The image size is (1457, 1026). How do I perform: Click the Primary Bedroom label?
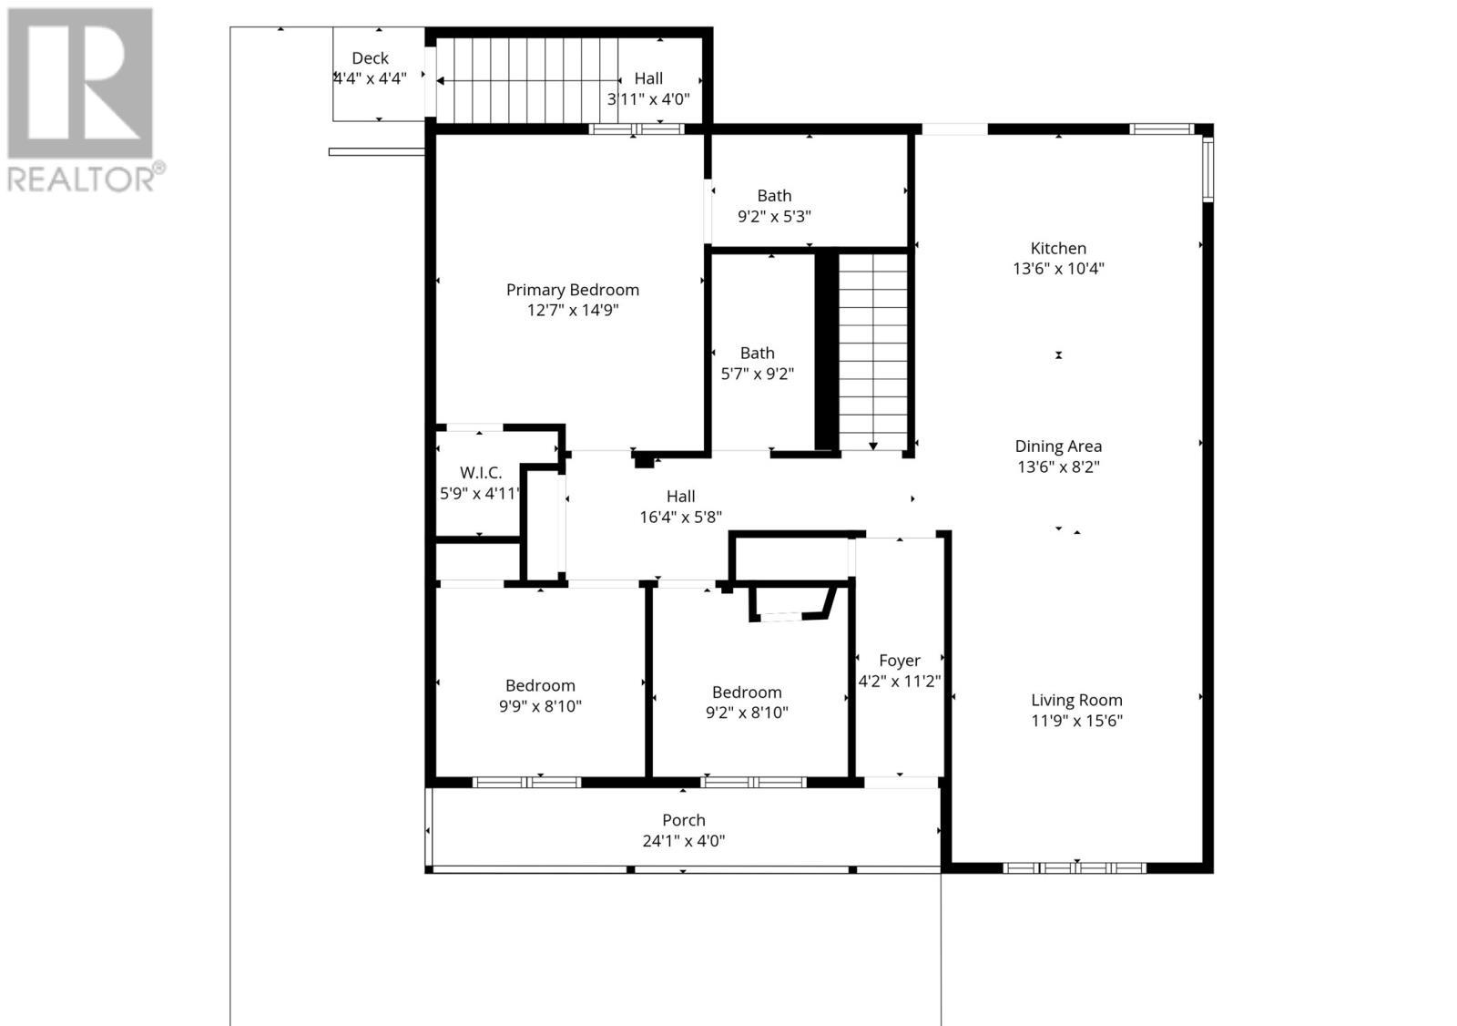pyautogui.click(x=572, y=290)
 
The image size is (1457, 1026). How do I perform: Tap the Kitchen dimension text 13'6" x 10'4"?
pyautogui.click(x=1058, y=269)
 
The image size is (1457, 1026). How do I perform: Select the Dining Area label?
pyautogui.click(x=1058, y=446)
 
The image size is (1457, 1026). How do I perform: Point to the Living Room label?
pyautogui.click(x=1076, y=700)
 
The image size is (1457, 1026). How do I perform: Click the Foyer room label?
pyautogui.click(x=899, y=660)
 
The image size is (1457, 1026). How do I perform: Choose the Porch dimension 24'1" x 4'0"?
pyautogui.click(x=683, y=841)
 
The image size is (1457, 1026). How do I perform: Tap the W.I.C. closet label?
pyautogui.click(x=480, y=472)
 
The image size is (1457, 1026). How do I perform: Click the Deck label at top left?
pyautogui.click(x=370, y=57)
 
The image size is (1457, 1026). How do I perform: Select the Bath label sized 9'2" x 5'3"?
pyautogui.click(x=774, y=195)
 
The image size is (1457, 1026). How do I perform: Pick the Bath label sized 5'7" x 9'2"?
pyautogui.click(x=757, y=353)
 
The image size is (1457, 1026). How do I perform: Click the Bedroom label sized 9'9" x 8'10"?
pyautogui.click(x=540, y=685)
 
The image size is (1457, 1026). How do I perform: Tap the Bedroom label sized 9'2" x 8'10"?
pyautogui.click(x=747, y=693)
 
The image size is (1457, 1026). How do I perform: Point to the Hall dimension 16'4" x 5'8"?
pyautogui.click(x=680, y=518)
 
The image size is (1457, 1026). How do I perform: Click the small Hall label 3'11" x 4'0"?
pyautogui.click(x=648, y=79)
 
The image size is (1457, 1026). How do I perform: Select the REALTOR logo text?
pyautogui.click(x=87, y=178)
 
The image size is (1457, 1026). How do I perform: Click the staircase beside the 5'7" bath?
pyautogui.click(x=872, y=351)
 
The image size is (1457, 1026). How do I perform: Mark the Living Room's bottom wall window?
pyautogui.click(x=1075, y=867)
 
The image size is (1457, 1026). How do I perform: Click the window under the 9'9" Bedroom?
pyautogui.click(x=527, y=782)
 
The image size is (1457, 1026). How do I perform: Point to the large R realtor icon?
pyautogui.click(x=80, y=84)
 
